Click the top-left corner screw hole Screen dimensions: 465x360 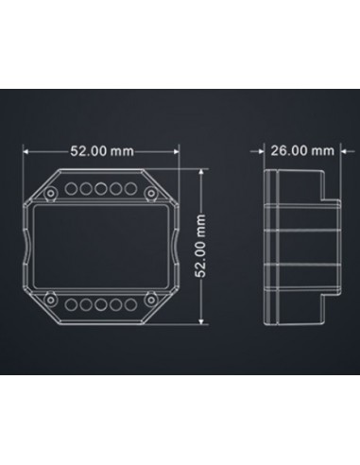click(x=45, y=194)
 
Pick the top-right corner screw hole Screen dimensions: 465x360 click(x=152, y=194)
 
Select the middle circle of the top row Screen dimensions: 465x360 click(x=98, y=189)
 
